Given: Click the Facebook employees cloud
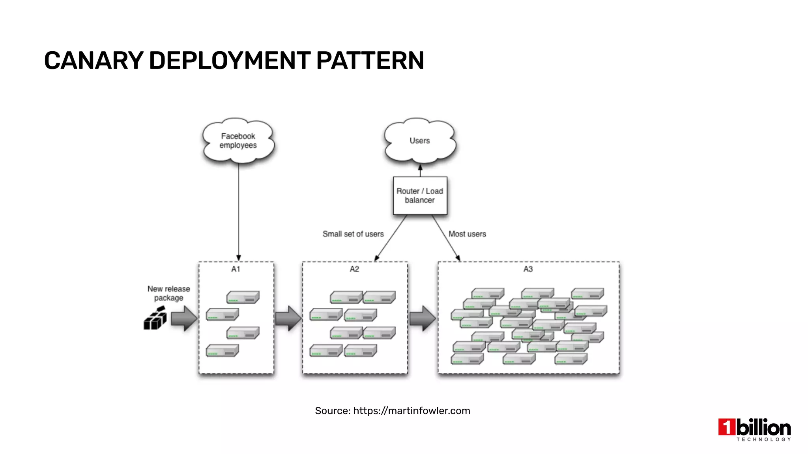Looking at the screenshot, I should (x=238, y=141).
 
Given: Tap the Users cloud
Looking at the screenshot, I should (x=420, y=141).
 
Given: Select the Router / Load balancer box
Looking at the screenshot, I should (x=420, y=195).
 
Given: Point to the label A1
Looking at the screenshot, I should (x=236, y=269).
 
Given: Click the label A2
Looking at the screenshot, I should (x=354, y=269).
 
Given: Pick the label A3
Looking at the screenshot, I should (x=528, y=269).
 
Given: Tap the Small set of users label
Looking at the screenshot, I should (x=353, y=234).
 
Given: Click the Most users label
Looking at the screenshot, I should (x=467, y=234).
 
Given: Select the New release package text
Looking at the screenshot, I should (x=169, y=293).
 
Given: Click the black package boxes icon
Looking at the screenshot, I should (x=155, y=318).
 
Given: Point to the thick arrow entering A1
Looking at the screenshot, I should (x=184, y=318).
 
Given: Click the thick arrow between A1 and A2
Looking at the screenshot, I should (x=288, y=318).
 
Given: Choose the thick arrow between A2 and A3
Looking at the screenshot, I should (x=423, y=318).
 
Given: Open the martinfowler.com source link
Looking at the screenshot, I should (x=411, y=411).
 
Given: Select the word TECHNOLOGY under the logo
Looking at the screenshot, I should (x=763, y=439).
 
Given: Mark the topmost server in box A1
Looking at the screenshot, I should (x=243, y=297).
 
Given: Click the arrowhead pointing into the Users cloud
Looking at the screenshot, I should (x=420, y=167).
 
